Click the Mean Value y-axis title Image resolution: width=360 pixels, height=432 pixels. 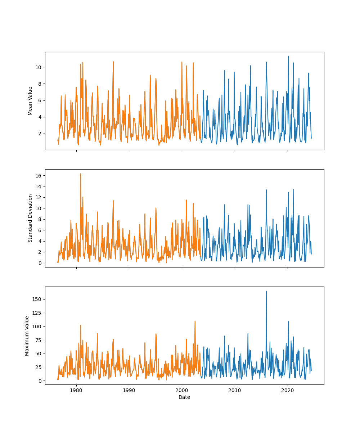[30, 101]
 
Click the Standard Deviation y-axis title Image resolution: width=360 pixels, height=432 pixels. [30, 218]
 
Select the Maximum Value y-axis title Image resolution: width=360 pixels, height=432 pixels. [27, 336]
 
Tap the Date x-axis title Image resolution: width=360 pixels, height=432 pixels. [184, 397]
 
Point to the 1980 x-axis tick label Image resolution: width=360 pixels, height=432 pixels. [76, 390]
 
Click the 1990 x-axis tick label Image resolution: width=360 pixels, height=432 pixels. [129, 390]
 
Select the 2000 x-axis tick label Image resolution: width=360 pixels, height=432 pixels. [182, 390]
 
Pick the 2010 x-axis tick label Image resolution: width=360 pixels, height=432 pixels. [235, 390]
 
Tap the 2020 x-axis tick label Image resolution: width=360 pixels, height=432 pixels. [288, 390]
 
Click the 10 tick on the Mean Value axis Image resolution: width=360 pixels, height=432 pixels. [38, 67]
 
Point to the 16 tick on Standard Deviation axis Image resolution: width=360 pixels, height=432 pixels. [38, 175]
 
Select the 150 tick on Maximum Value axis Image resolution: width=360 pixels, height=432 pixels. [37, 299]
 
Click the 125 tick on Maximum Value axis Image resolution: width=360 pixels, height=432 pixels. [37, 313]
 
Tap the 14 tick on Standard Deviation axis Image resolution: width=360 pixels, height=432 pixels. [38, 186]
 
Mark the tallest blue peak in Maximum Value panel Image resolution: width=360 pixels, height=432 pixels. [266, 291]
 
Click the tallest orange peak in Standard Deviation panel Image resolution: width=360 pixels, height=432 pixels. [80, 174]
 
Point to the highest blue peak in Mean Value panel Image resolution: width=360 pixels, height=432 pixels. [288, 57]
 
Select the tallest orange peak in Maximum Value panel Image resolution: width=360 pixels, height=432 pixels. [195, 321]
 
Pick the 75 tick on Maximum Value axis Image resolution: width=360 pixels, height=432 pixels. [38, 340]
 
